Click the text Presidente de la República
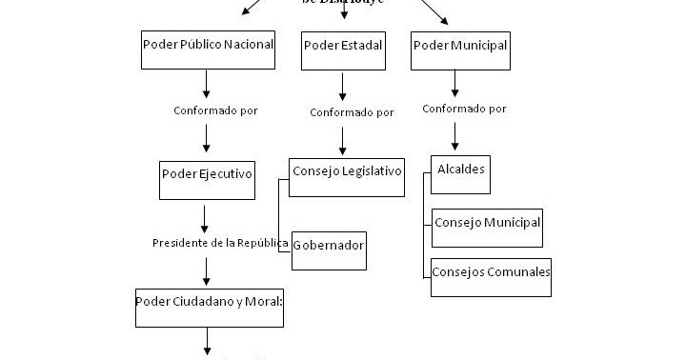pyautogui.click(x=220, y=243)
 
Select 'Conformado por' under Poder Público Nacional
pyautogui.click(x=215, y=110)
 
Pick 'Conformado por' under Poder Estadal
pyautogui.click(x=352, y=112)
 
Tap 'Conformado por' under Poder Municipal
pyautogui.click(x=464, y=109)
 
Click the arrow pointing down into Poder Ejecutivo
pyautogui.click(x=207, y=140)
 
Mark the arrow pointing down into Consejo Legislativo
pyautogui.click(x=343, y=140)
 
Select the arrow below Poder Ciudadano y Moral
pyautogui.click(x=207, y=343)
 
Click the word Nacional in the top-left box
pyautogui.click(x=249, y=44)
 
